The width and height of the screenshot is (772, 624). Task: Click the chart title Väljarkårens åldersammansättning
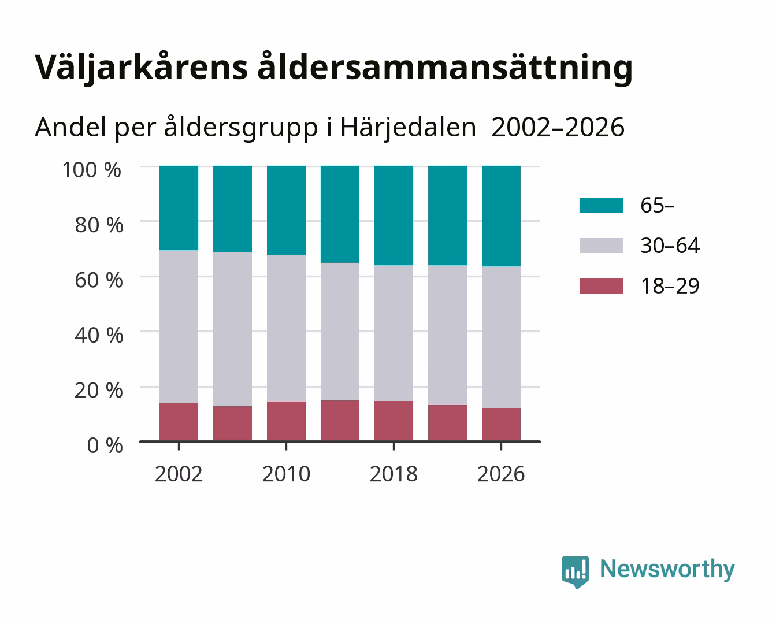pyautogui.click(x=333, y=68)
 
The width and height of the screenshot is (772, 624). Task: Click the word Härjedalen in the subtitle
pyautogui.click(x=408, y=128)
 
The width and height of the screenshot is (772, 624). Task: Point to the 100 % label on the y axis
pyautogui.click(x=91, y=170)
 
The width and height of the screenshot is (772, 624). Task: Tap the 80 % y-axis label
pyautogui.click(x=99, y=225)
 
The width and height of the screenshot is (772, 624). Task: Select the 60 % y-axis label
pyautogui.click(x=99, y=280)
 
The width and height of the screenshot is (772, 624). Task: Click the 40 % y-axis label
pyautogui.click(x=99, y=335)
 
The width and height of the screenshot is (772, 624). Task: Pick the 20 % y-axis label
pyautogui.click(x=99, y=390)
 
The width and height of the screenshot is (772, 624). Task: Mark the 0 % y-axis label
pyautogui.click(x=105, y=445)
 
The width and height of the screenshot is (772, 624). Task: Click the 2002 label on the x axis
pyautogui.click(x=179, y=474)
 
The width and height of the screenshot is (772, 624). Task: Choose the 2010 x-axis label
pyautogui.click(x=287, y=474)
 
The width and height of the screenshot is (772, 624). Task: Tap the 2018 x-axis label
pyautogui.click(x=394, y=474)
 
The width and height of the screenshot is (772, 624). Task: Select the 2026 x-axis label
pyautogui.click(x=501, y=474)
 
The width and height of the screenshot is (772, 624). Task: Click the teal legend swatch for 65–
pyautogui.click(x=601, y=205)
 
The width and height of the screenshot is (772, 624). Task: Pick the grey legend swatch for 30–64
pyautogui.click(x=601, y=246)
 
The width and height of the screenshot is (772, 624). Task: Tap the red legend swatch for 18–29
pyautogui.click(x=601, y=286)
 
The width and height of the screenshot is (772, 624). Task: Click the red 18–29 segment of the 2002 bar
pyautogui.click(x=179, y=422)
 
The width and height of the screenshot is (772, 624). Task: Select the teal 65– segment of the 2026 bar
pyautogui.click(x=501, y=216)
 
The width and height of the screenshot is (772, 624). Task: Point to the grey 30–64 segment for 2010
pyautogui.click(x=287, y=328)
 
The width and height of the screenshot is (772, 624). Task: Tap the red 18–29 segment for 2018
pyautogui.click(x=394, y=421)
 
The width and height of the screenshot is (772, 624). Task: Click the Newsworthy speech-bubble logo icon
pyautogui.click(x=575, y=572)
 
